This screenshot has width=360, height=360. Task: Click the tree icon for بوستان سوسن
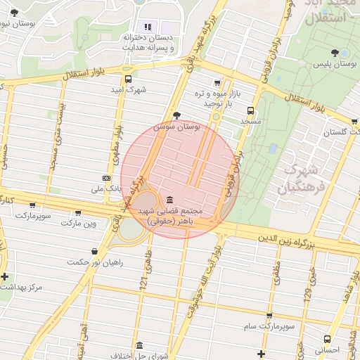click(176, 115)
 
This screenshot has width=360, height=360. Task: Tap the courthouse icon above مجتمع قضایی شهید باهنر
click(169, 200)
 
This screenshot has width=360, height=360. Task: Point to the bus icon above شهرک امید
click(127, 79)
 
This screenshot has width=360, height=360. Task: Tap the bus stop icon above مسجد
click(250, 110)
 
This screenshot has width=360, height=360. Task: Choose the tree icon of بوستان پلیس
click(334, 53)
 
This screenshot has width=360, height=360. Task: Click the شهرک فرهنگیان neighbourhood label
click(303, 179)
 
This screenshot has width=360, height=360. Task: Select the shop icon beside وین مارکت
click(77, 213)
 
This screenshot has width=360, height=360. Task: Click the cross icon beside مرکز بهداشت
click(6, 276)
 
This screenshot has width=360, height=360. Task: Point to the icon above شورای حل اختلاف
click(139, 346)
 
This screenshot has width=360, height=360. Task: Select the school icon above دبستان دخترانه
click(148, 27)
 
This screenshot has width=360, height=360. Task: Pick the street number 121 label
click(143, 283)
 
